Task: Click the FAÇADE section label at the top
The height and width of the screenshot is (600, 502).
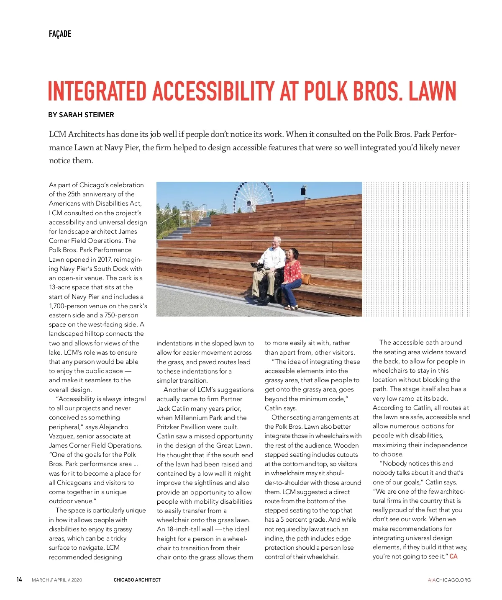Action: pyautogui.click(x=60, y=34)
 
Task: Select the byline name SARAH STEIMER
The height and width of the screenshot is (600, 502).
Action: pyautogui.click(x=87, y=115)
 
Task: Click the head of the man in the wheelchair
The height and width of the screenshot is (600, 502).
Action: pyautogui.click(x=276, y=243)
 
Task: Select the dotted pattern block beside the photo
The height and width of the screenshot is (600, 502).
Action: pyautogui.click(x=416, y=249)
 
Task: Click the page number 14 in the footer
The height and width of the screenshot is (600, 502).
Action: pyautogui.click(x=19, y=579)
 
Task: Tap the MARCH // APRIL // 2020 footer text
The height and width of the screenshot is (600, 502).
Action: pyautogui.click(x=57, y=580)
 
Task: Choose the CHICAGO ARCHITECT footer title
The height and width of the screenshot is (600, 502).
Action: pyautogui.click(x=137, y=580)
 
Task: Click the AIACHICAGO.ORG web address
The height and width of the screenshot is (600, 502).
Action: pyautogui.click(x=449, y=580)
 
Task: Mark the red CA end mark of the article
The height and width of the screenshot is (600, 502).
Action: pyautogui.click(x=453, y=556)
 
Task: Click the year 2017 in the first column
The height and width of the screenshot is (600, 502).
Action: pyautogui.click(x=105, y=259)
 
